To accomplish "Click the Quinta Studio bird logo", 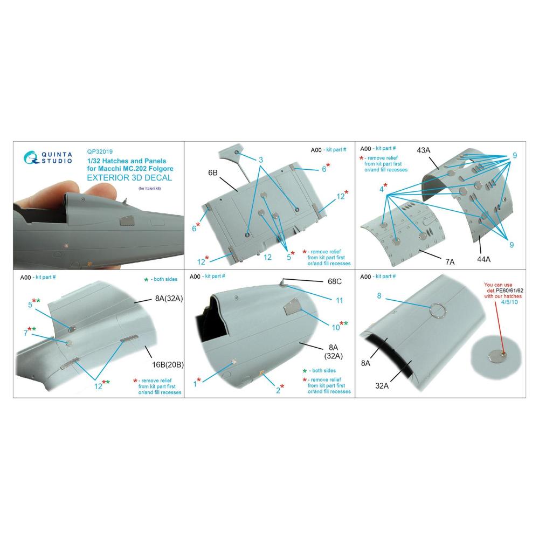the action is point(31,158).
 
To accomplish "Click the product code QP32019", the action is point(100,151).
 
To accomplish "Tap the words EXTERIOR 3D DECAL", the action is point(129,178).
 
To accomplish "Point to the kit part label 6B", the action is point(213,172).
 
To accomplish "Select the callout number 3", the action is point(261,160).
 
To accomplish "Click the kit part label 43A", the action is point(424,150).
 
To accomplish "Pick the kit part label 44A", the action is point(483,260).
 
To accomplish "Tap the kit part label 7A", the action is point(450,262).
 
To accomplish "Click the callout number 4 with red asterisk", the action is point(383,188).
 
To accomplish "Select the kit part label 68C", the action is point(335,281).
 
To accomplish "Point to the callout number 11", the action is point(339,300).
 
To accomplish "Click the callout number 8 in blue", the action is point(379,295).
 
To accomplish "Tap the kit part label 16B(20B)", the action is point(168,365).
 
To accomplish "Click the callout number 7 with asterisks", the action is point(30,331).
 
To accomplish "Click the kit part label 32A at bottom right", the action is point(382,386).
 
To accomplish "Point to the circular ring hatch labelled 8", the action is point(437,312).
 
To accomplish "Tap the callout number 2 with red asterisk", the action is point(280,389).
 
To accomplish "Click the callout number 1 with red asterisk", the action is point(197,382).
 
